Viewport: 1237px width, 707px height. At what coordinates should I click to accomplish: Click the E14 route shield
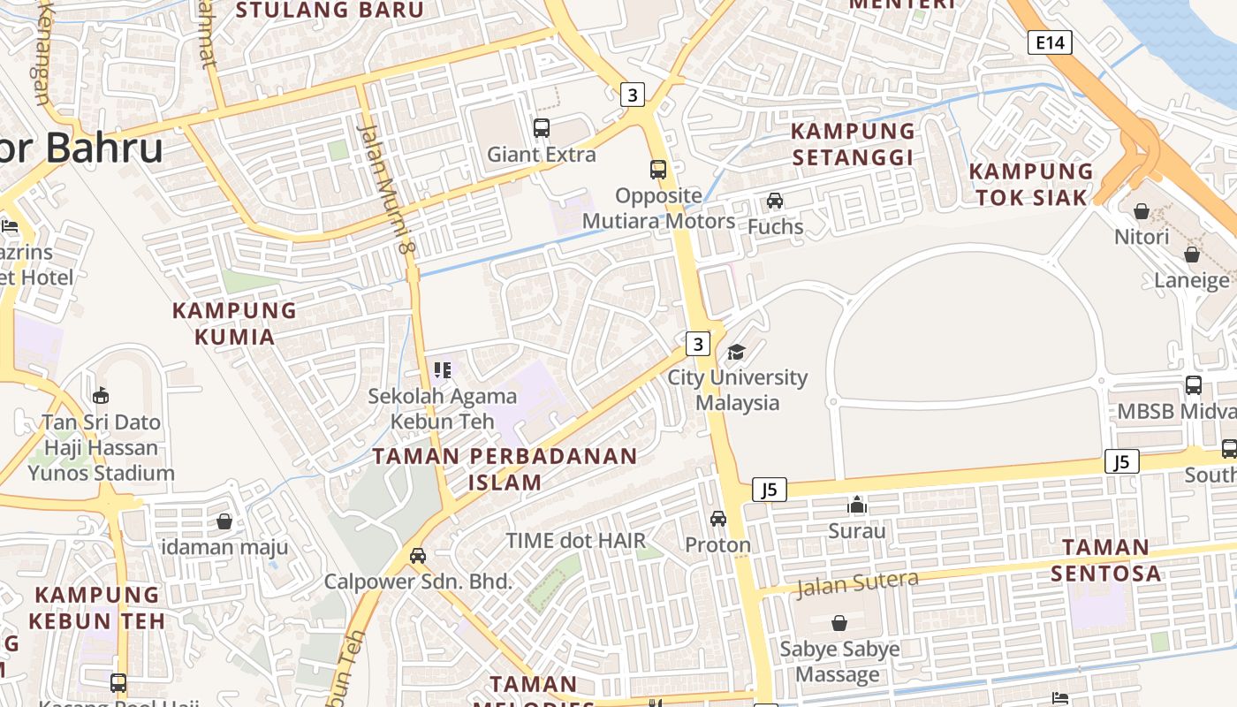click(x=1050, y=42)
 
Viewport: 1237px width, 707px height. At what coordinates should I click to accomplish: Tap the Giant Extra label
click(x=542, y=155)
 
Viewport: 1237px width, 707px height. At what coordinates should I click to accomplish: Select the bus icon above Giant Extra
click(x=542, y=128)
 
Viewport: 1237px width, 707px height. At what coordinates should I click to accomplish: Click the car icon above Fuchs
click(x=775, y=201)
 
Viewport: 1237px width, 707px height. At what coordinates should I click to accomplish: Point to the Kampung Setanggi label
click(x=853, y=144)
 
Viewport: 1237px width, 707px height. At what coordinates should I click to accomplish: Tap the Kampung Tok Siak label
click(x=1031, y=184)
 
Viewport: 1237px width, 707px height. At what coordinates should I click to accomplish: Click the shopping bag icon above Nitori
click(x=1142, y=211)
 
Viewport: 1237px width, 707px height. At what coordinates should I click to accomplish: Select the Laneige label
click(x=1192, y=280)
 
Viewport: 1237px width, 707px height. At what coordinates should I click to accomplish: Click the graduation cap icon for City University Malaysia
click(x=736, y=353)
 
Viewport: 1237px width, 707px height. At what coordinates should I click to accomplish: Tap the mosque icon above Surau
click(x=856, y=505)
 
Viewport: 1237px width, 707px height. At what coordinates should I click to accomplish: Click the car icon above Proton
click(x=718, y=519)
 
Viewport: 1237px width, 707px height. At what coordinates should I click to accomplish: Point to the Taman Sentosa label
click(x=1105, y=560)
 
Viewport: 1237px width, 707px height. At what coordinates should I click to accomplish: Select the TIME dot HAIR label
click(x=575, y=540)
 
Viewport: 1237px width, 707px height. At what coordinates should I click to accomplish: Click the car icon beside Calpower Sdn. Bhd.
click(x=418, y=556)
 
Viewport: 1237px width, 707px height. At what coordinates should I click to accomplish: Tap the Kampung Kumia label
click(x=234, y=323)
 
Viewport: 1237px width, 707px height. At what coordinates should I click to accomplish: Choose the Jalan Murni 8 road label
click(x=386, y=190)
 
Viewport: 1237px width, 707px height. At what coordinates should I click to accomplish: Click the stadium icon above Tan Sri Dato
click(x=101, y=395)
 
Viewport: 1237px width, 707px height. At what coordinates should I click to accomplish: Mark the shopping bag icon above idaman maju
click(x=224, y=521)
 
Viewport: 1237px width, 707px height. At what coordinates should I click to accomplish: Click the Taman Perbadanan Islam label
click(x=505, y=469)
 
